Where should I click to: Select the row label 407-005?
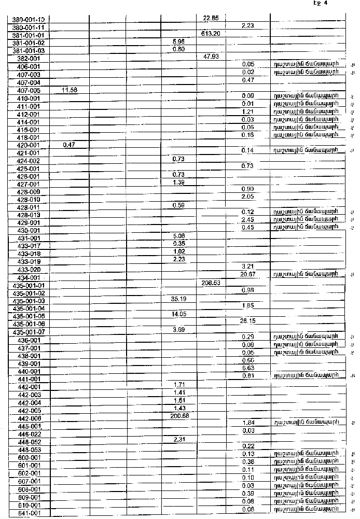pyautogui.click(x=29, y=90)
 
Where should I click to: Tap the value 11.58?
pyautogui.click(x=70, y=90)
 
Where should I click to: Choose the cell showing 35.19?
pyautogui.click(x=178, y=299)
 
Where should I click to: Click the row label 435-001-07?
pyautogui.click(x=29, y=332)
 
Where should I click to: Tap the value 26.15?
pyautogui.click(x=247, y=321)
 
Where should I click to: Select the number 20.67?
pyautogui.click(x=247, y=274)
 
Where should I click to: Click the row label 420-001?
pyautogui.click(x=29, y=145)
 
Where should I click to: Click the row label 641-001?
pyautogui.click(x=29, y=513)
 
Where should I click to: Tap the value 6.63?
pyautogui.click(x=247, y=368)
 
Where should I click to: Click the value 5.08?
pyautogui.click(x=178, y=236)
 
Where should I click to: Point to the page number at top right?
pyautogui.click(x=321, y=4)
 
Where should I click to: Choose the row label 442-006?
pyautogui.click(x=29, y=418)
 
